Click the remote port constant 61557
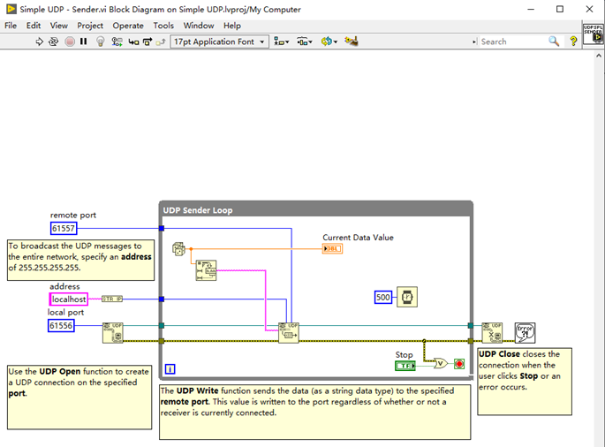point(64,228)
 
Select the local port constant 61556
point(61,326)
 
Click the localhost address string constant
point(69,299)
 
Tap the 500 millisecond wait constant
point(382,297)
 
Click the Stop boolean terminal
point(405,365)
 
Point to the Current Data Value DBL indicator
point(332,249)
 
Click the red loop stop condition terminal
point(459,363)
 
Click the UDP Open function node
point(112,331)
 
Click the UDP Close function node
point(492,332)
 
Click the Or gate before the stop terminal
point(439,362)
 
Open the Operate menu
point(128,26)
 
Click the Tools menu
point(163,26)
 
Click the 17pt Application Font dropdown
point(219,42)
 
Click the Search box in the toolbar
point(512,42)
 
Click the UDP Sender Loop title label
point(197,210)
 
